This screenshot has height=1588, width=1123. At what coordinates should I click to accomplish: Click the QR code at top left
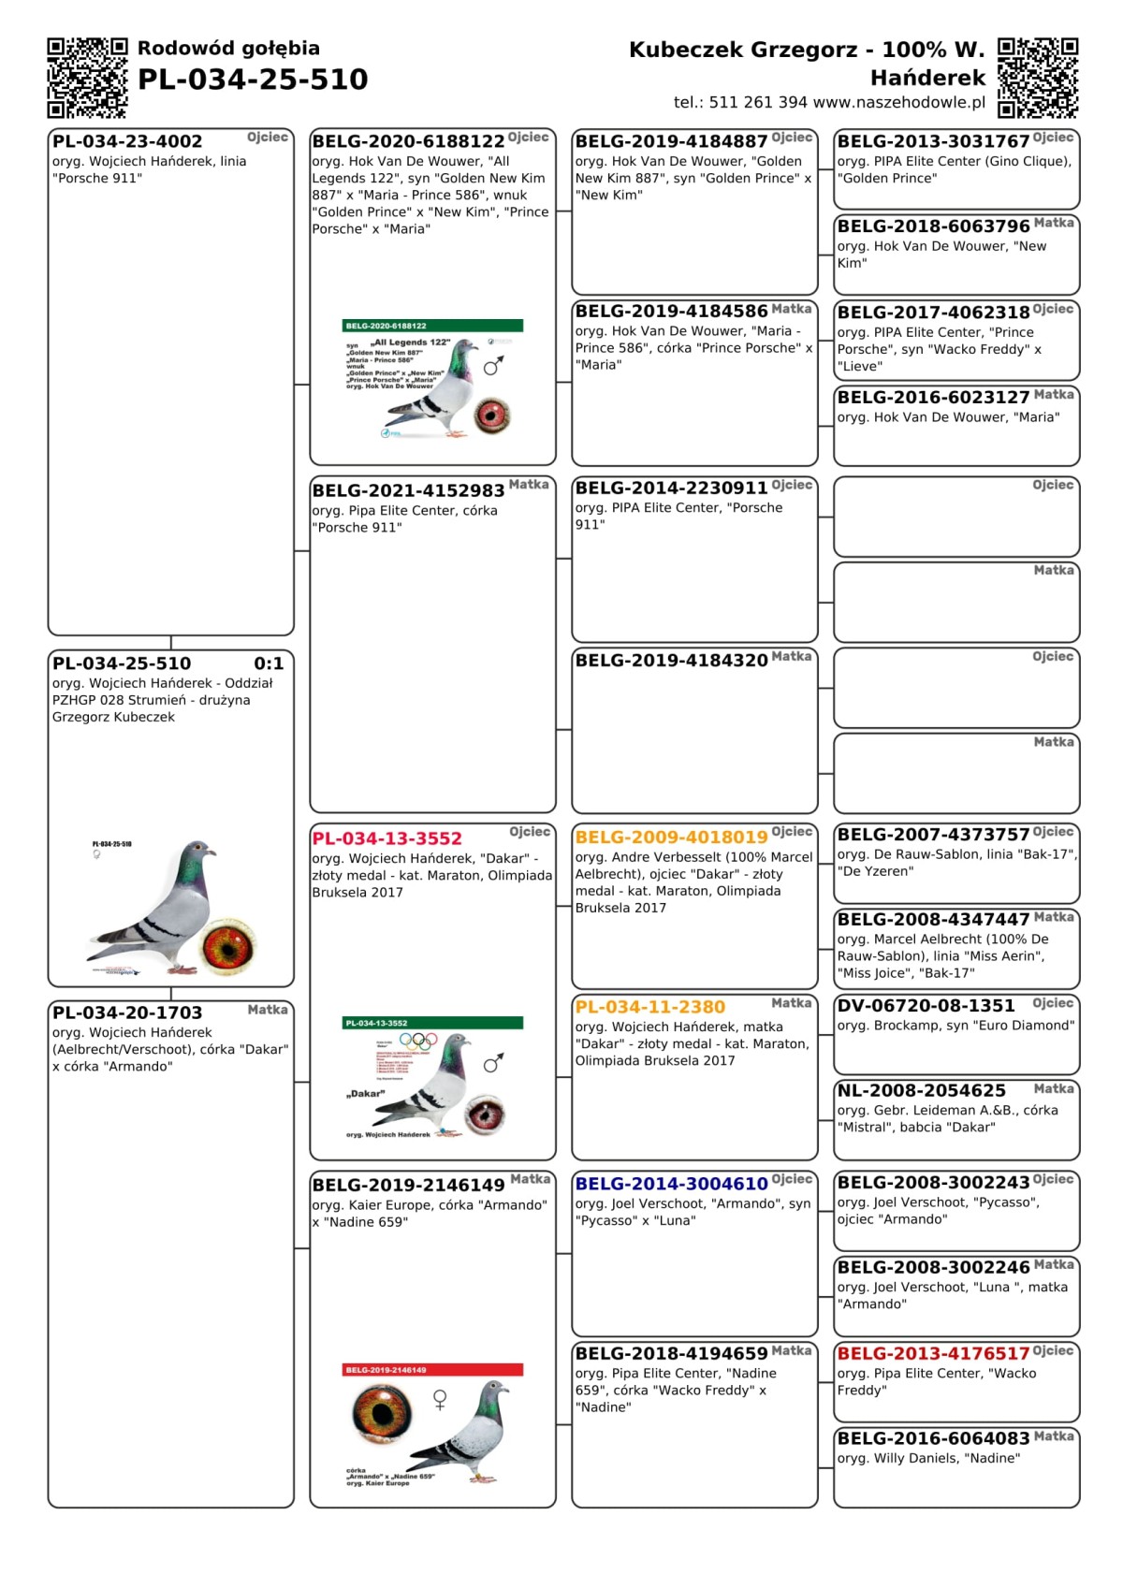point(87,78)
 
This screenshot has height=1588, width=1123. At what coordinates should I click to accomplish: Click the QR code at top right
point(1038,78)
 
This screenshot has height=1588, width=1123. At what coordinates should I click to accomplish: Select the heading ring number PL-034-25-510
point(253,80)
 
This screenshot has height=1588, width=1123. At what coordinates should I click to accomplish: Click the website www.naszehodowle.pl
point(899,102)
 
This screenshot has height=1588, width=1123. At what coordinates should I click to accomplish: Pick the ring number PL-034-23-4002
point(127,141)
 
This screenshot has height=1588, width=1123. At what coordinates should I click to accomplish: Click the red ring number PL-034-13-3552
point(386,838)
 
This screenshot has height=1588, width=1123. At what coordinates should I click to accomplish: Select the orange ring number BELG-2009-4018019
point(671,837)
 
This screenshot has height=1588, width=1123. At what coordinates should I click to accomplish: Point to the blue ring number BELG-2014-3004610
point(671,1184)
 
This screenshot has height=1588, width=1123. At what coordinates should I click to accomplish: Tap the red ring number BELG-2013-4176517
point(933,1353)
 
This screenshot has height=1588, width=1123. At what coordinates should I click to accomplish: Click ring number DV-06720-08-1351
point(926,1005)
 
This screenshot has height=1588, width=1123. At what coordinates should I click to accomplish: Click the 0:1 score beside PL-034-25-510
point(269,663)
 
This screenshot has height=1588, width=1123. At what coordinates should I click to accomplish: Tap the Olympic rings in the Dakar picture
point(417,1041)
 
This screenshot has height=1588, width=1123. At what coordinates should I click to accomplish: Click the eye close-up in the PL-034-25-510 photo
point(228,945)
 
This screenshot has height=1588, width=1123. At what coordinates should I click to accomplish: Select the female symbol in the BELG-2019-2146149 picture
point(440,1399)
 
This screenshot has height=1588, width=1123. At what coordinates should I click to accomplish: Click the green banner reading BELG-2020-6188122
point(432,326)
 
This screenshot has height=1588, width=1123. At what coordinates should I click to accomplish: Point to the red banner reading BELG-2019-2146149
point(432,1370)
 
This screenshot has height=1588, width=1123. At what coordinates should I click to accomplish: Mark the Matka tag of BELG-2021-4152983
point(529,485)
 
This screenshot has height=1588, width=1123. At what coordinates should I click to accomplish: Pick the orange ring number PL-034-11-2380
point(649,1007)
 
